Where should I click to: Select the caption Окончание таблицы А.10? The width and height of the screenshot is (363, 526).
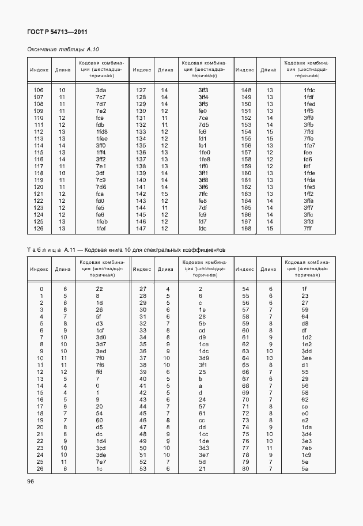pyautogui.click(x=59, y=50)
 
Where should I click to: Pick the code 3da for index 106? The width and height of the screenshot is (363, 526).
pyautogui.click(x=101, y=90)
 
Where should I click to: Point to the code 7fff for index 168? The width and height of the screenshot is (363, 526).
pyautogui.click(x=308, y=229)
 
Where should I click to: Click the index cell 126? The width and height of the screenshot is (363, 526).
pyautogui.click(x=39, y=229)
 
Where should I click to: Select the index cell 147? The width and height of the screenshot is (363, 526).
pyautogui.click(x=141, y=229)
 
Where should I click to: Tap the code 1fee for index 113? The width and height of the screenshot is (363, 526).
pyautogui.click(x=101, y=139)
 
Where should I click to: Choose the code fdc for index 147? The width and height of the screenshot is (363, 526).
pyautogui.click(x=203, y=229)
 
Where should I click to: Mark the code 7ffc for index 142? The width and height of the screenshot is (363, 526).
pyautogui.click(x=203, y=194)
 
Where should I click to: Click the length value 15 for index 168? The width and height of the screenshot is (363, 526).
pyautogui.click(x=269, y=229)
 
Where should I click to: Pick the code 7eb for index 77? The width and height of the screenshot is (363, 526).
pyautogui.click(x=306, y=448)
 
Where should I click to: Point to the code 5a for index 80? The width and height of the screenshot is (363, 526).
pyautogui.click(x=306, y=468)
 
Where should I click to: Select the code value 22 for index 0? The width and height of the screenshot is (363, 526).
pyautogui.click(x=99, y=289)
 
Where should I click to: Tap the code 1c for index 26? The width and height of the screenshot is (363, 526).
pyautogui.click(x=99, y=468)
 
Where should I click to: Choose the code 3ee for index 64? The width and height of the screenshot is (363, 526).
pyautogui.click(x=306, y=358)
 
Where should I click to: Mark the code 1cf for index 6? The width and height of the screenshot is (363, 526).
pyautogui.click(x=100, y=330)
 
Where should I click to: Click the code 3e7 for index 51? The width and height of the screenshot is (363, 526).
pyautogui.click(x=203, y=455)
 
